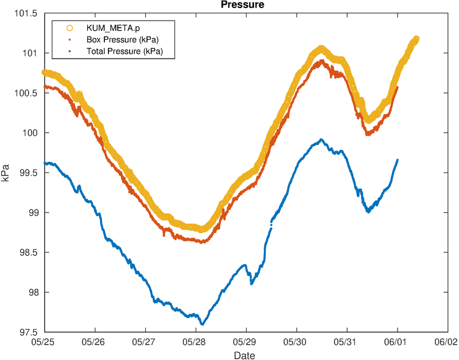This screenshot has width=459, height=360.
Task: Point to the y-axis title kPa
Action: (x=6, y=173)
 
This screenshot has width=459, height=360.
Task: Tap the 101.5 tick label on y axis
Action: (x=26, y=14)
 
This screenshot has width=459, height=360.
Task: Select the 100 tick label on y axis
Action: (x=30, y=133)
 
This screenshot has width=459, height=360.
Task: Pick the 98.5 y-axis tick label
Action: (x=28, y=253)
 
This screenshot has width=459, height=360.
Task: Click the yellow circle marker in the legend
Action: (x=69, y=28)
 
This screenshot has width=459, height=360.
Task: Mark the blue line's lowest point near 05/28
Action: (x=203, y=324)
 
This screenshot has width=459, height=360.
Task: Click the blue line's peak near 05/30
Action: (x=322, y=140)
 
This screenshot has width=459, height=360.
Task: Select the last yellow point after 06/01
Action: (x=416, y=39)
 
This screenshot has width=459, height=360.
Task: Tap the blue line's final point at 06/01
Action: (x=398, y=160)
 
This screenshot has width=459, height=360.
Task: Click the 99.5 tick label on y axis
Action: (x=28, y=173)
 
